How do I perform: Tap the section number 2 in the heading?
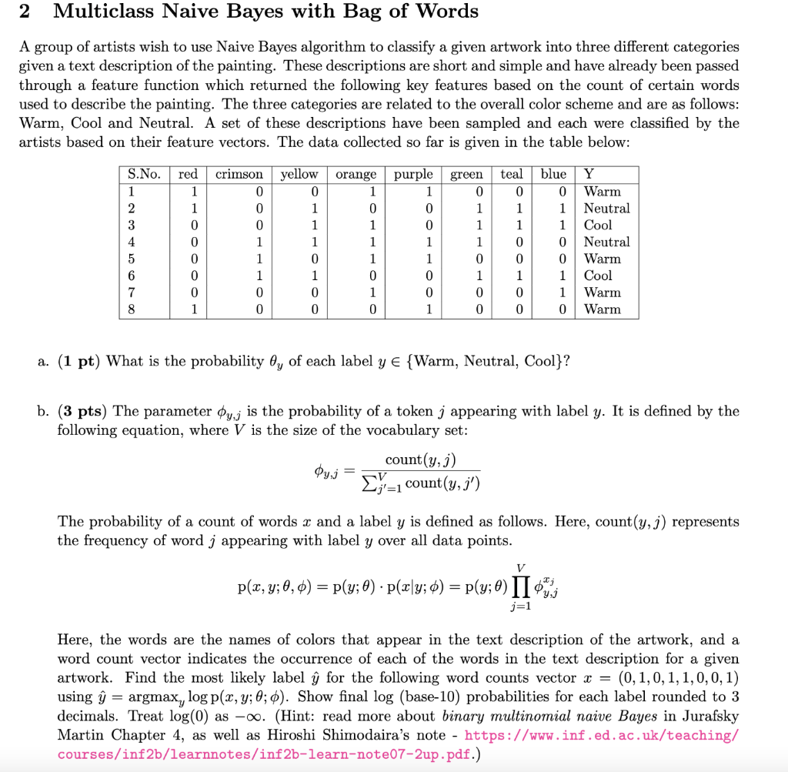click(x=24, y=12)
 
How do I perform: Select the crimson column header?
click(x=239, y=175)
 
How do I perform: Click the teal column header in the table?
click(x=511, y=175)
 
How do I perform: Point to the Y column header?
click(x=589, y=175)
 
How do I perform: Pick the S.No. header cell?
click(x=144, y=175)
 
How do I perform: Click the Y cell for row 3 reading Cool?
click(x=598, y=226)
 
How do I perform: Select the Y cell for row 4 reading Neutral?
click(x=606, y=242)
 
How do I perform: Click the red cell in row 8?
click(x=194, y=309)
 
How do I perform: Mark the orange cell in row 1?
click(x=372, y=192)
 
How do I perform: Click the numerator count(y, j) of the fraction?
click(x=420, y=460)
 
